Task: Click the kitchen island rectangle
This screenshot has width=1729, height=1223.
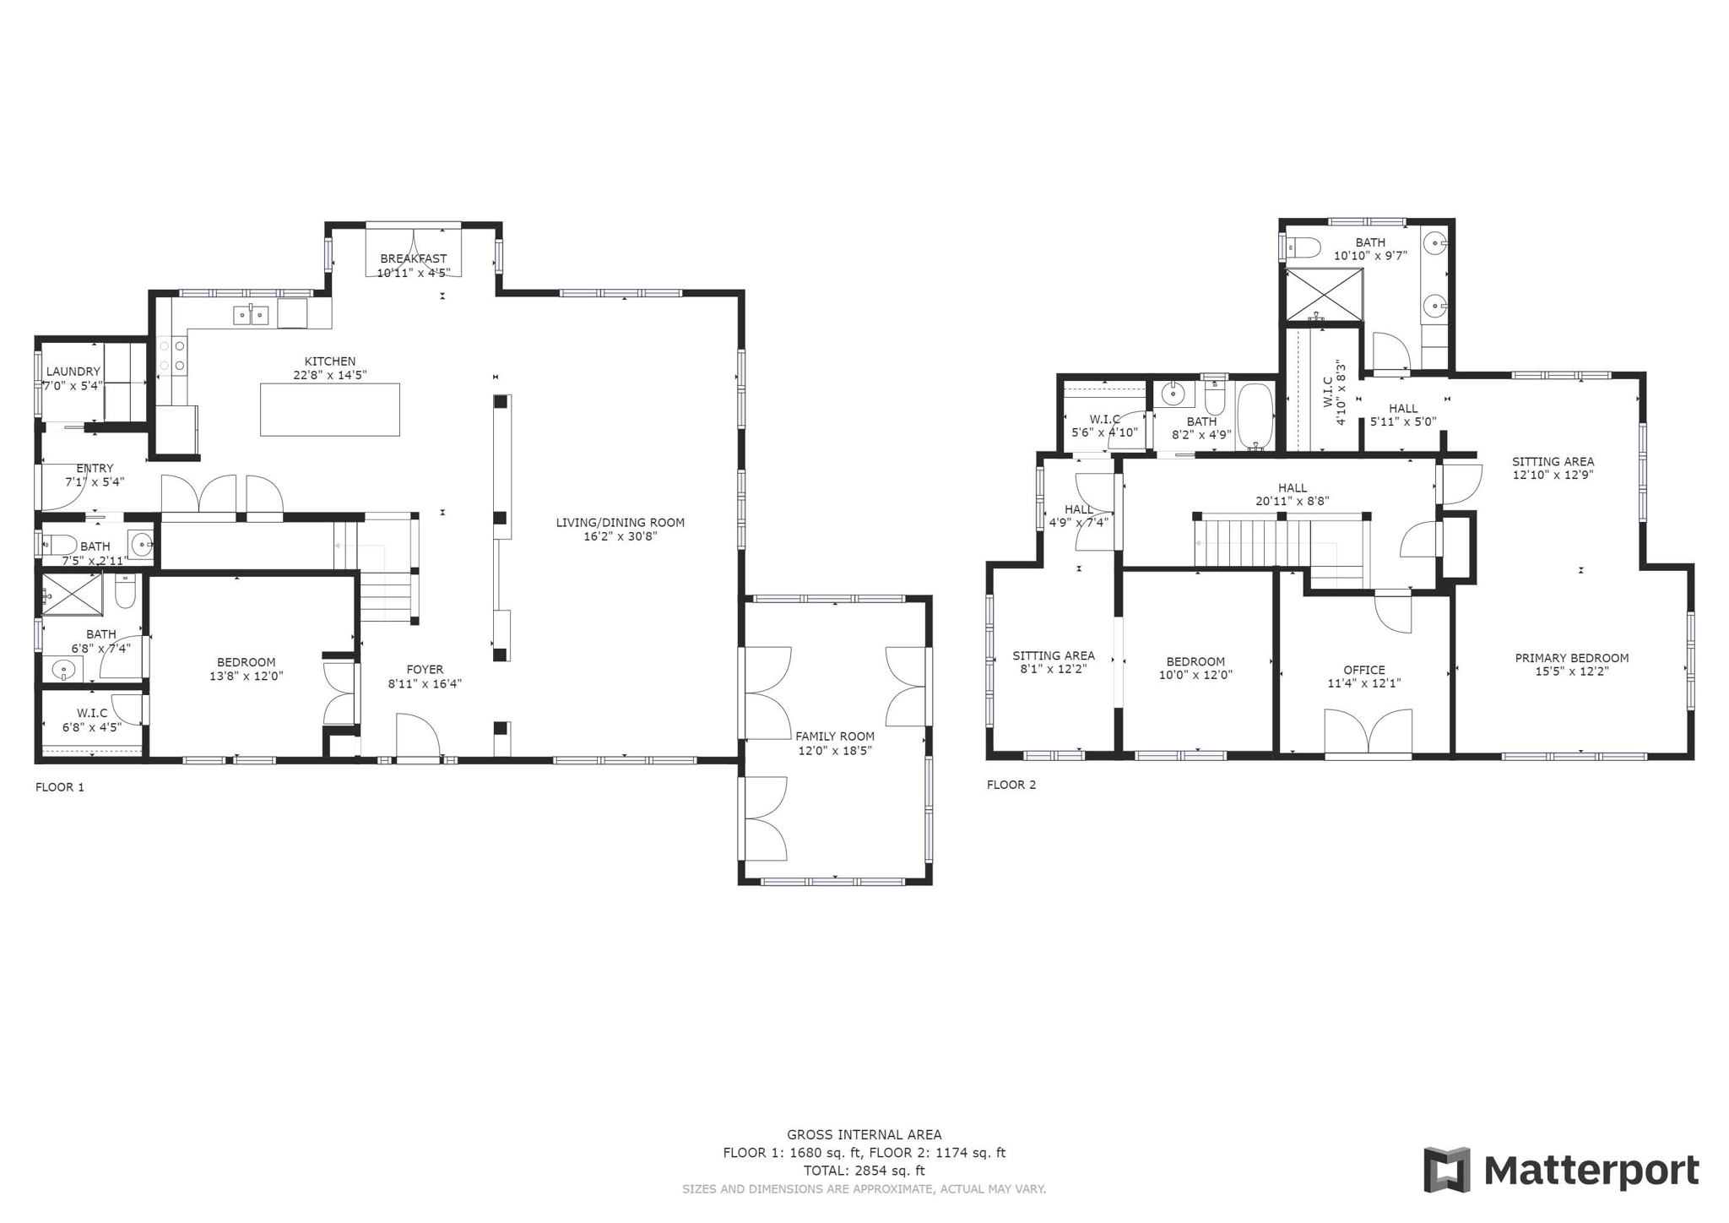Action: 329,410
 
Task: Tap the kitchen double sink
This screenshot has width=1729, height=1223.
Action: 251,315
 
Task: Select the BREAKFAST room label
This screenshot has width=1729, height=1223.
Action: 413,258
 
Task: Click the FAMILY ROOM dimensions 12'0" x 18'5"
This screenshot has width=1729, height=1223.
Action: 834,751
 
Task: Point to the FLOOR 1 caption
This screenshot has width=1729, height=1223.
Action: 60,787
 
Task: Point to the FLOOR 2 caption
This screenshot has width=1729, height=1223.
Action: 1011,785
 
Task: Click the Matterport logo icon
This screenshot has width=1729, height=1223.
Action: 1446,1170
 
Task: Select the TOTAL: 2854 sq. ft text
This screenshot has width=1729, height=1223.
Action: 864,1171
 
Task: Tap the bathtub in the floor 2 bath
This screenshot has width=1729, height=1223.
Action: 1255,415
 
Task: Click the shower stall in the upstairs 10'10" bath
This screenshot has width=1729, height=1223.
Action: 1324,294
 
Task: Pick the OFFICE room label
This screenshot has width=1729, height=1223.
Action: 1364,670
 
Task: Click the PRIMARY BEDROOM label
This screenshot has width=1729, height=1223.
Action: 1571,658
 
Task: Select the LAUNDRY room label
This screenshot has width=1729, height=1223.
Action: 73,372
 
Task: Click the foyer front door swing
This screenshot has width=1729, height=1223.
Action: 418,735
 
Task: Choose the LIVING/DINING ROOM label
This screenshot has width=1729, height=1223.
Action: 620,523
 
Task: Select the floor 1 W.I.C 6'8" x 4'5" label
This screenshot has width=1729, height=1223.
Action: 91,713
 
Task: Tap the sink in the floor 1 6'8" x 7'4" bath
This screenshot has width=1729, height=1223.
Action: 63,670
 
